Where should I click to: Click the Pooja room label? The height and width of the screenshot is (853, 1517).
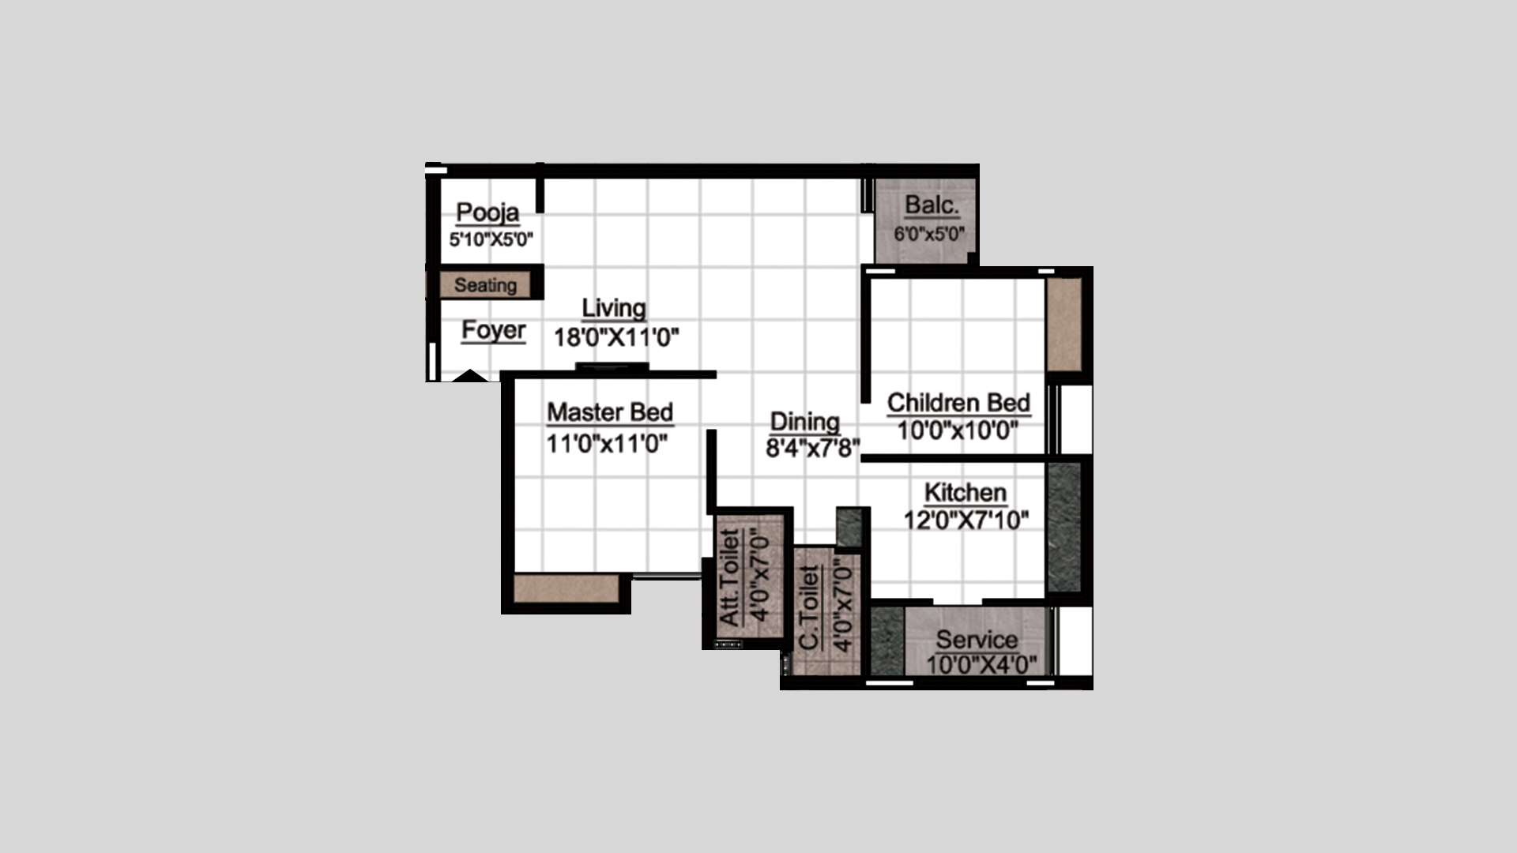point(487,212)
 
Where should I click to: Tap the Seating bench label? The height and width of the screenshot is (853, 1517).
point(485,285)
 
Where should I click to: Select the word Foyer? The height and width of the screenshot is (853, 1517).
point(493,330)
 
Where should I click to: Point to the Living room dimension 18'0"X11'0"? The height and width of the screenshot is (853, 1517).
point(615,337)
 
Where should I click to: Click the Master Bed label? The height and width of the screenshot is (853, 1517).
point(610,412)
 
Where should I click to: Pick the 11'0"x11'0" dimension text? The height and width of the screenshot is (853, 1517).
point(607,444)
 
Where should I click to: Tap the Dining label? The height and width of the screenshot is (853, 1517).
point(804,423)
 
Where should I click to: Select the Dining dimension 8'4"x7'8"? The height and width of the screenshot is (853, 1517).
point(812,449)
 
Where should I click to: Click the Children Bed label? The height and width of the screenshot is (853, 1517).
point(958,403)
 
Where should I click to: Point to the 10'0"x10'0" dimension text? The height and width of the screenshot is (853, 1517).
point(958,431)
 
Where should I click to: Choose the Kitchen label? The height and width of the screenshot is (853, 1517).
point(966,493)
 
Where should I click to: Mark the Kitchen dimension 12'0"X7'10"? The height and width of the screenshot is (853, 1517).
point(966,520)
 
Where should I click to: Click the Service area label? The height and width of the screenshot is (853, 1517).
point(977,639)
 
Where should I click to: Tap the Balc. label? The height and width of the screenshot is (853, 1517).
point(932,205)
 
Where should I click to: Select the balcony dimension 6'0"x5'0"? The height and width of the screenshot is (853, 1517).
point(929,234)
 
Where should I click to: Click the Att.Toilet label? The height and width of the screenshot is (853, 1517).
point(730,577)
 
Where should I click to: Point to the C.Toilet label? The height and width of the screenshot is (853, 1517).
point(809,607)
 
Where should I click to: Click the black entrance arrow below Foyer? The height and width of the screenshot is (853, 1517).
point(470,376)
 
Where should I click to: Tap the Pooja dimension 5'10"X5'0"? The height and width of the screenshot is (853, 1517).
point(491,239)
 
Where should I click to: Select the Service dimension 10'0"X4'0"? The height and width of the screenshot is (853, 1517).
point(981,665)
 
